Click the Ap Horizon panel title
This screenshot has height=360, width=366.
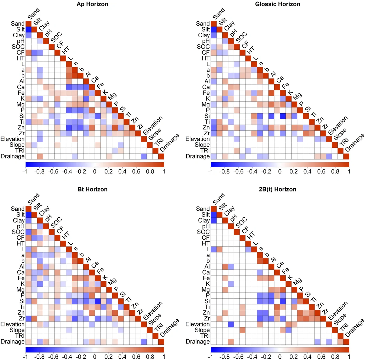point(92,4)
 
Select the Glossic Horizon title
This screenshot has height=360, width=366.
point(278,4)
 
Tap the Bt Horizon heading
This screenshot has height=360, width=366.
point(92,189)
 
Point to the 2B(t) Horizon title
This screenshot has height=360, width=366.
point(278,189)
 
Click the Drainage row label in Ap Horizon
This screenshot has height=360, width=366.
point(13,156)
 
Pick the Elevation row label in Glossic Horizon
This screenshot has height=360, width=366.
point(198,139)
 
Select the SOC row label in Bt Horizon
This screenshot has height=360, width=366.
point(18,232)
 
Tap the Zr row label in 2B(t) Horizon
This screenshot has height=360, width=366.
point(207,318)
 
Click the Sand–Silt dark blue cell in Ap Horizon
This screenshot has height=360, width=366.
point(28,30)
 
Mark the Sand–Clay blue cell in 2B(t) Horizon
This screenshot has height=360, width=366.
point(214,220)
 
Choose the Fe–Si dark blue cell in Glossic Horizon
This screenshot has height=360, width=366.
point(283,116)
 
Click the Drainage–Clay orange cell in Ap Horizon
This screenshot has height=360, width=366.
point(40,156)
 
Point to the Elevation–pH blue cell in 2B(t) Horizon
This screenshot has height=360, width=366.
point(231,324)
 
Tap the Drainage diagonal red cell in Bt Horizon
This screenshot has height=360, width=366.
point(161,342)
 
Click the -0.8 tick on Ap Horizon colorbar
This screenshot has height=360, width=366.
point(39,172)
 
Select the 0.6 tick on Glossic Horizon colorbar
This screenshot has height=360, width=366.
point(321,172)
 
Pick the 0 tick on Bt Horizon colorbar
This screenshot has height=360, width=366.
point(95,357)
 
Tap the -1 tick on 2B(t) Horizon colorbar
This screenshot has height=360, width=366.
point(210,357)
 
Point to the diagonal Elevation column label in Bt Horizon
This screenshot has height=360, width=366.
point(152,311)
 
